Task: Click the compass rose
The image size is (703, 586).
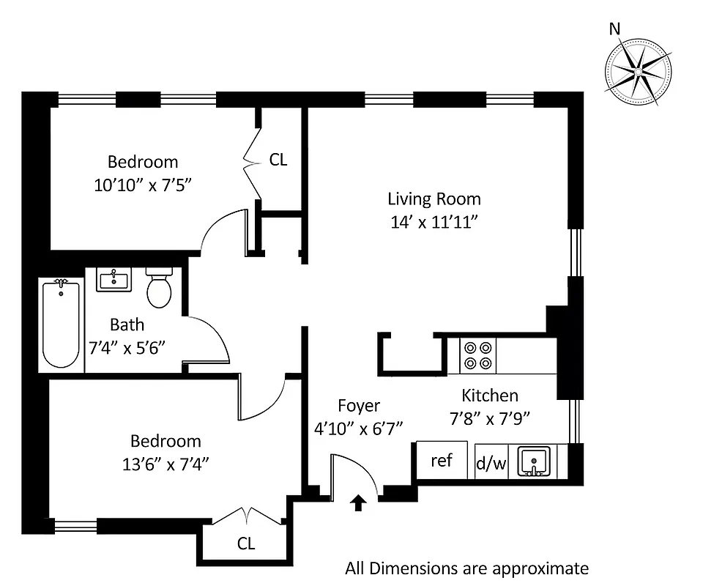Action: [638, 72]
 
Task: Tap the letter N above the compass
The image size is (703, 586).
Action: [614, 29]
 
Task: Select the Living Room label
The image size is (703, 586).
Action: [434, 199]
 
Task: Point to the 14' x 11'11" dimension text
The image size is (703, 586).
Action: [434, 222]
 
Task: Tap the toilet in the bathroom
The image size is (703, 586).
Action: [159, 288]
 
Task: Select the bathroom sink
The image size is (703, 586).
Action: [114, 279]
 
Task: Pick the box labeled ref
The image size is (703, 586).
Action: [442, 461]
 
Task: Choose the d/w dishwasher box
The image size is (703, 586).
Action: [491, 463]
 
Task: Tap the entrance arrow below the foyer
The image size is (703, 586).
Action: [358, 502]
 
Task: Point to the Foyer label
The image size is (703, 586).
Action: [359, 405]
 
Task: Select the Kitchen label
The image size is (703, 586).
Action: [490, 396]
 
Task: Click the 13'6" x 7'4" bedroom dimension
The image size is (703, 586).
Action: [165, 464]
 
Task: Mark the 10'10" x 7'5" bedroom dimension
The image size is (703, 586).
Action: [142, 185]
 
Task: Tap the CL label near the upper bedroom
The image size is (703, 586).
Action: [278, 160]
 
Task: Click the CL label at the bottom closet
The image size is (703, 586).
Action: [246, 544]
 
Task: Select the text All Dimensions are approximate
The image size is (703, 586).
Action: [466, 568]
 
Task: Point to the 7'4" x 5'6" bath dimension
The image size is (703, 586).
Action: [127, 347]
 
